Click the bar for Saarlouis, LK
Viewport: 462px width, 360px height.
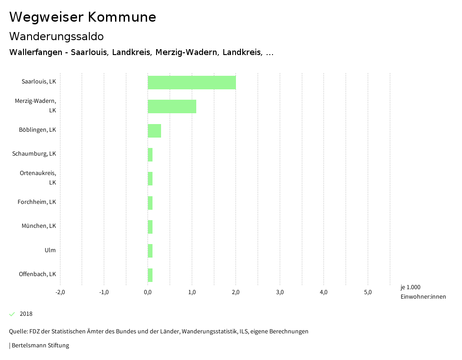point(192,83)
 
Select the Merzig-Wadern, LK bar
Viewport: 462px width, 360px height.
point(172,106)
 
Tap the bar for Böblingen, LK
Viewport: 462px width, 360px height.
point(154,131)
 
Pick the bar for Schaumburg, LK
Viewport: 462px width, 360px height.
point(150,155)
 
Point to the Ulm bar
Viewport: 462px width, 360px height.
point(150,251)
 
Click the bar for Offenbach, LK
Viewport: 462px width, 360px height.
point(150,275)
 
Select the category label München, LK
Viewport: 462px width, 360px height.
point(39,226)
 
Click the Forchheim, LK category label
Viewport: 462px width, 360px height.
point(37,202)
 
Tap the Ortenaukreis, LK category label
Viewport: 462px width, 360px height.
point(38,178)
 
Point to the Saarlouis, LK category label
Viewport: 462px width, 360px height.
point(39,82)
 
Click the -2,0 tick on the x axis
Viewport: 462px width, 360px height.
point(60,292)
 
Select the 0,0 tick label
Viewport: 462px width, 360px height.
point(148,292)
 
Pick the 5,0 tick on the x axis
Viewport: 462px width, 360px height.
point(368,292)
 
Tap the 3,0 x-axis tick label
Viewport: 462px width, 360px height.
point(280,292)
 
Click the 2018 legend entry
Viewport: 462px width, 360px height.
point(26,314)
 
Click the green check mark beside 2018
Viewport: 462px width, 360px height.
point(12,314)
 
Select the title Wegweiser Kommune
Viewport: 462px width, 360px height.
point(83,17)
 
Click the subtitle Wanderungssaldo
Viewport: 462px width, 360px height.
point(56,36)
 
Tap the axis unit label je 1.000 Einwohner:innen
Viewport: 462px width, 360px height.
point(423,292)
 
